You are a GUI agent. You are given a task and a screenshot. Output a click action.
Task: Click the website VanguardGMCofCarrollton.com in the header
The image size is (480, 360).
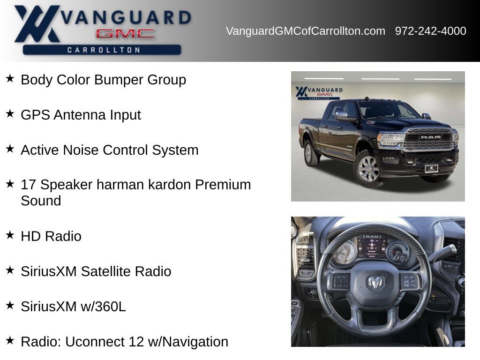[305, 31]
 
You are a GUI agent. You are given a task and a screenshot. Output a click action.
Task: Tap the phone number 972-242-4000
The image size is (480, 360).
[430, 31]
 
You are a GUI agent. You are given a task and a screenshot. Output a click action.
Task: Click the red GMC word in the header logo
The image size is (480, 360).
[125, 33]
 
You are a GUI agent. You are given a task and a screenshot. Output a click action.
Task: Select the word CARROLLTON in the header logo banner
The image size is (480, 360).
[103, 50]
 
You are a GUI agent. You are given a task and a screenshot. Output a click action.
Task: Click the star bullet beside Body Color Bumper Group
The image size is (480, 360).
[10, 78]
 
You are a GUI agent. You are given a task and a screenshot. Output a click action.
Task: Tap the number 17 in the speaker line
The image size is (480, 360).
[29, 185]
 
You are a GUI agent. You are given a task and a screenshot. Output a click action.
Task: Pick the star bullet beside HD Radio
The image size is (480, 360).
[10, 235]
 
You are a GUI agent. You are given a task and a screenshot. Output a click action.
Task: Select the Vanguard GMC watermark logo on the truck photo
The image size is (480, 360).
[319, 92]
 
